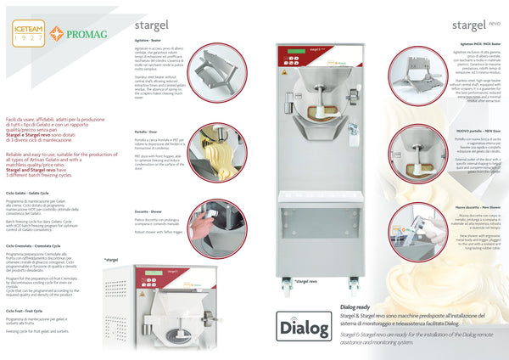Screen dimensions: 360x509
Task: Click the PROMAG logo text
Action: coord(78,33)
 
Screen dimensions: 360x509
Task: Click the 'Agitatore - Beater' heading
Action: coord(149,40)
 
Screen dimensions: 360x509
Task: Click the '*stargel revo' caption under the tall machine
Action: coord(305,280)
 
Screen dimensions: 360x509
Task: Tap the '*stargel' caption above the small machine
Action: coord(110,259)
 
